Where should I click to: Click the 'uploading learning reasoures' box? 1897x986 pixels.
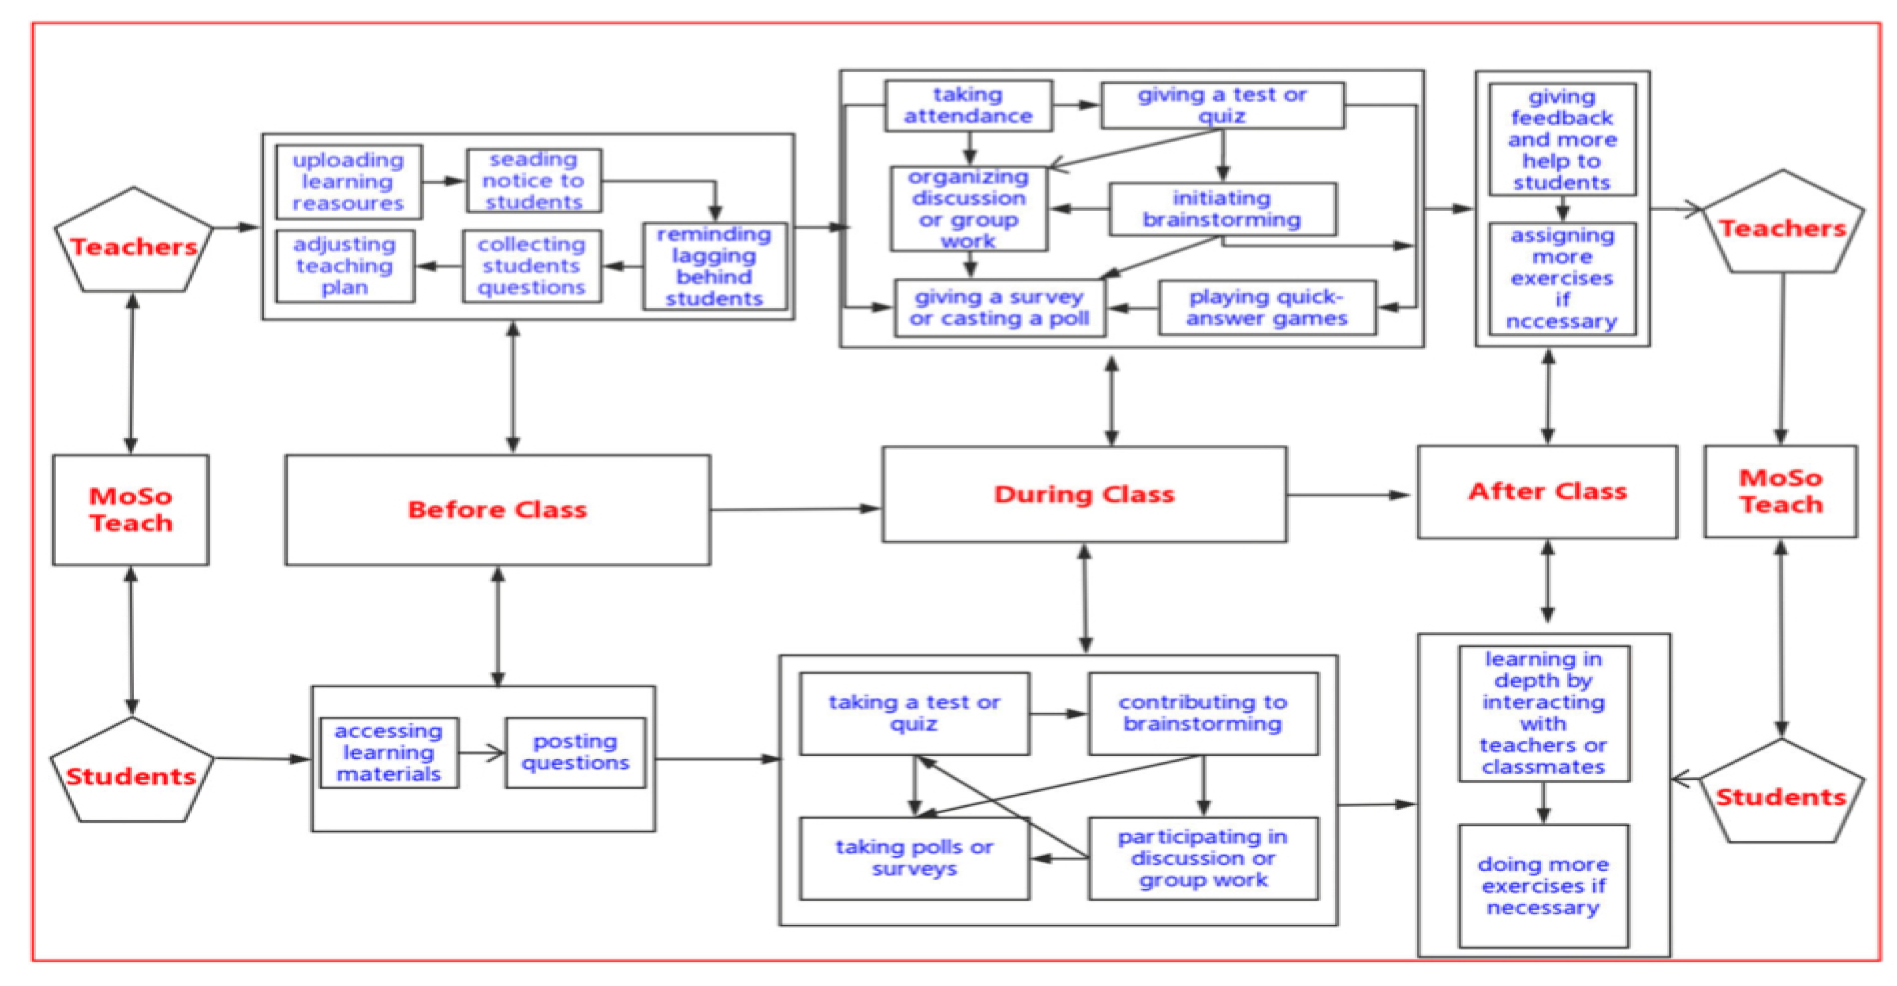[348, 182]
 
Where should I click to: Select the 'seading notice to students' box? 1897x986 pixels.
[534, 180]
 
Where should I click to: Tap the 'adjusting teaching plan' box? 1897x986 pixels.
[344, 266]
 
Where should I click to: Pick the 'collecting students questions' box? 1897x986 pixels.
[532, 266]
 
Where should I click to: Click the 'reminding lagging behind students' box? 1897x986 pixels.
[714, 266]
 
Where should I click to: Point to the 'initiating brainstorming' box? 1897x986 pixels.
[1223, 209]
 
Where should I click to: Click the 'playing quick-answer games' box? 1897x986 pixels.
[1267, 308]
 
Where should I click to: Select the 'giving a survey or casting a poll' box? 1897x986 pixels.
[999, 308]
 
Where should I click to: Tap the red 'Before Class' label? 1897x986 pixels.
[498, 509]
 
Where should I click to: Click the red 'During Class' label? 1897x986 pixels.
[1084, 494]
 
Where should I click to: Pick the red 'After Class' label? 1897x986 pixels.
[1547, 491]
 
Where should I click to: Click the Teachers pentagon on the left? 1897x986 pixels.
[133, 243]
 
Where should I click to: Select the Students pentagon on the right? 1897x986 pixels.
[1781, 794]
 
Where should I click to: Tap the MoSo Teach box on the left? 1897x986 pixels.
[131, 509]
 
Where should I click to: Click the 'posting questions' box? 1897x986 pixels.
[575, 753]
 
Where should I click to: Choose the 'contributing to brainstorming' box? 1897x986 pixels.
[1202, 713]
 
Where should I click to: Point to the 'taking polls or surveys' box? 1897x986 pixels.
[914, 858]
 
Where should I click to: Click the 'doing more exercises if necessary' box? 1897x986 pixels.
[1543, 886]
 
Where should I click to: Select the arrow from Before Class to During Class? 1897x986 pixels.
[795, 509]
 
